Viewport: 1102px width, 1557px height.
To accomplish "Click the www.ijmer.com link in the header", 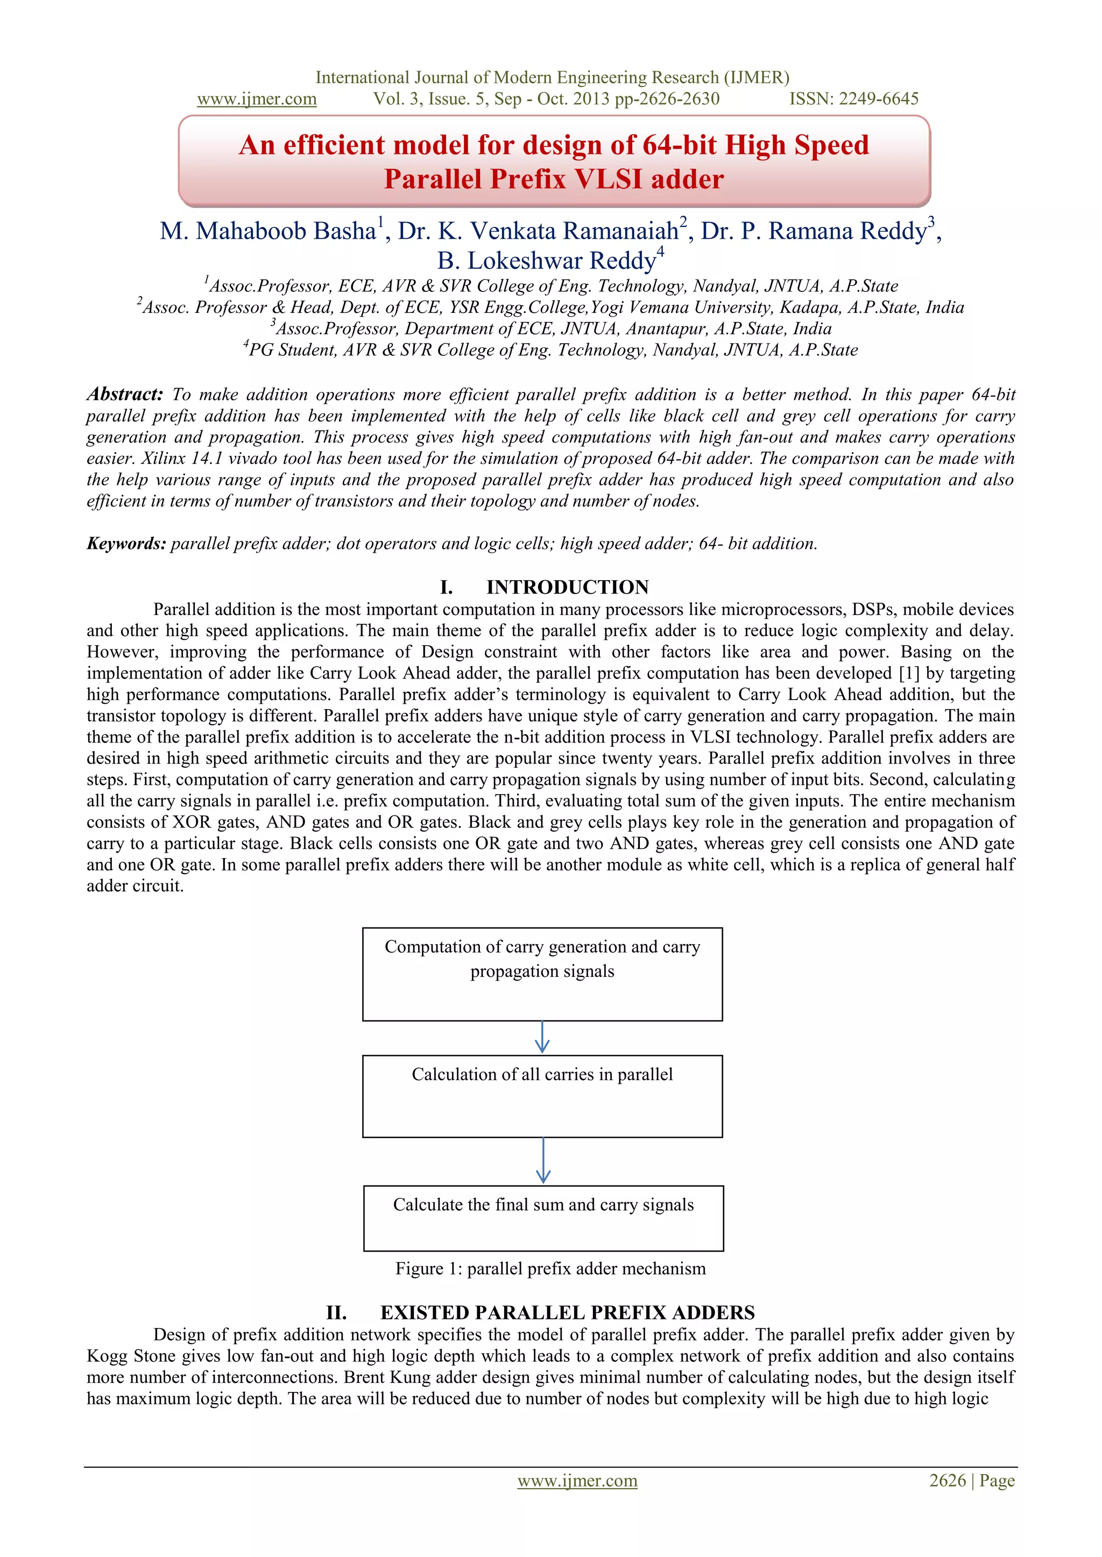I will pyautogui.click(x=257, y=99).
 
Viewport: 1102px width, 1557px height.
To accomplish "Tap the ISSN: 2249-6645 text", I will pyautogui.click(x=853, y=99).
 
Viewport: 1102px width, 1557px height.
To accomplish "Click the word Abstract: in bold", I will pyautogui.click(x=125, y=394).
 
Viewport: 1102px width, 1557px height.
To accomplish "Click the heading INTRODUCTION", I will pyautogui.click(x=567, y=587).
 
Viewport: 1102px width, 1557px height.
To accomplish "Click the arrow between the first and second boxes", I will pyautogui.click(x=541, y=1038).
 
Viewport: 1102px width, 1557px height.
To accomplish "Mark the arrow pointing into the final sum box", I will pyautogui.click(x=543, y=1161).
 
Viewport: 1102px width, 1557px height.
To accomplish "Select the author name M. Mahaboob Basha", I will pyautogui.click(x=269, y=231).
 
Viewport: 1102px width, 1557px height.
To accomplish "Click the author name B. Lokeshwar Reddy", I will pyautogui.click(x=546, y=261).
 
